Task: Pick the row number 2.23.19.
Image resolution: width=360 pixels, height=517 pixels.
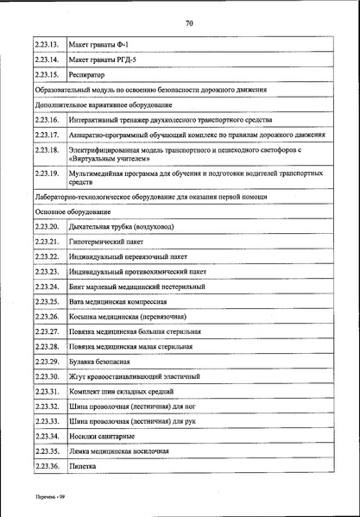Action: pos(49,174)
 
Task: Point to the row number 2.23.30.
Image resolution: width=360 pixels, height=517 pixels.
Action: pos(49,376)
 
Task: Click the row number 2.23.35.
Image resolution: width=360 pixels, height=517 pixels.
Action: pos(49,451)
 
